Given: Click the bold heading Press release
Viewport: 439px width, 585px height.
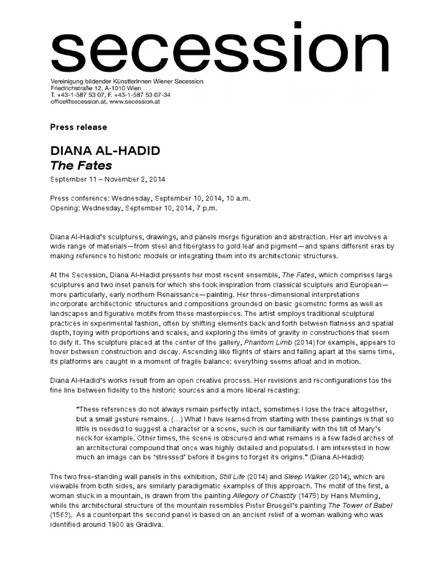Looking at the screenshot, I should pos(79,127).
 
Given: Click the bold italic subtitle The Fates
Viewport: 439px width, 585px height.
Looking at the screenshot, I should pos(81,166).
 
